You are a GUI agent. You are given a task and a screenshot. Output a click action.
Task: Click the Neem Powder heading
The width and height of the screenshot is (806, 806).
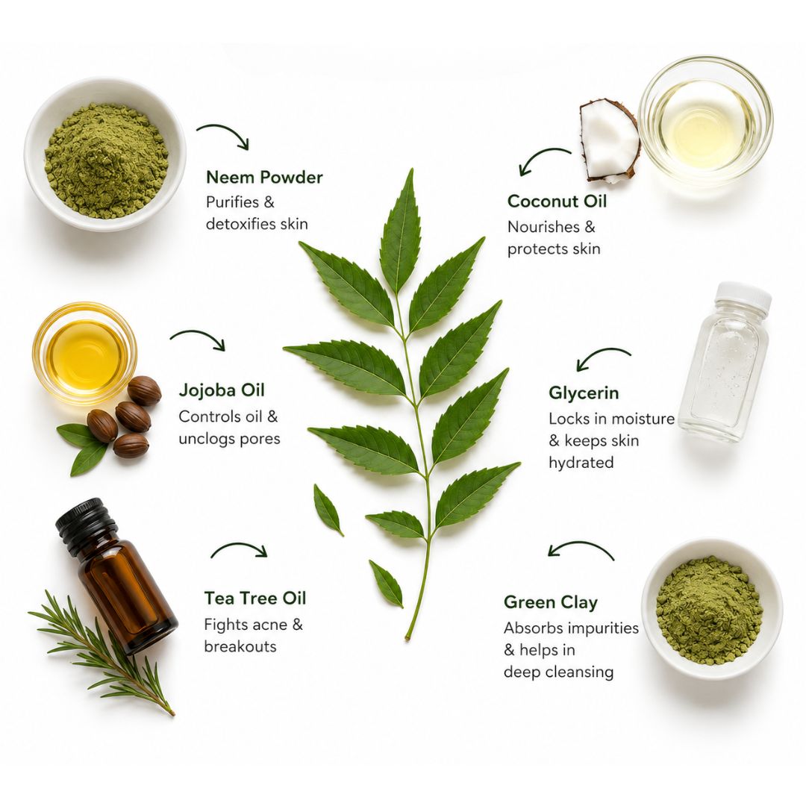[x=264, y=178]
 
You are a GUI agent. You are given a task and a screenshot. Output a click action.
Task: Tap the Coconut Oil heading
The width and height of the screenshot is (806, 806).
[x=557, y=201]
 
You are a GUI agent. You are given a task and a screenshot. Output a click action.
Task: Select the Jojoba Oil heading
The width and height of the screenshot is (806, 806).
[x=222, y=390]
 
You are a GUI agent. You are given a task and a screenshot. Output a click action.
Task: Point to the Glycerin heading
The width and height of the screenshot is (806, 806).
[x=584, y=393]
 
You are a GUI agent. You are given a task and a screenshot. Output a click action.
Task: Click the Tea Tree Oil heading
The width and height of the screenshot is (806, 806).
[x=255, y=599]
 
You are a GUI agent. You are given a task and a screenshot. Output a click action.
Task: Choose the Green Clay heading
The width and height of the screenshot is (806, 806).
[x=551, y=602]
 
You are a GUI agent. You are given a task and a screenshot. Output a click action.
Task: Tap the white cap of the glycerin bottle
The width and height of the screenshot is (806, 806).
[x=744, y=296]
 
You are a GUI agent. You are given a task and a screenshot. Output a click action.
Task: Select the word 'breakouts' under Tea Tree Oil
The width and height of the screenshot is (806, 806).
[x=240, y=646]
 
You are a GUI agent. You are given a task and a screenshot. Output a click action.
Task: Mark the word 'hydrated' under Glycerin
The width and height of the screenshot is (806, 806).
[x=581, y=463]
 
